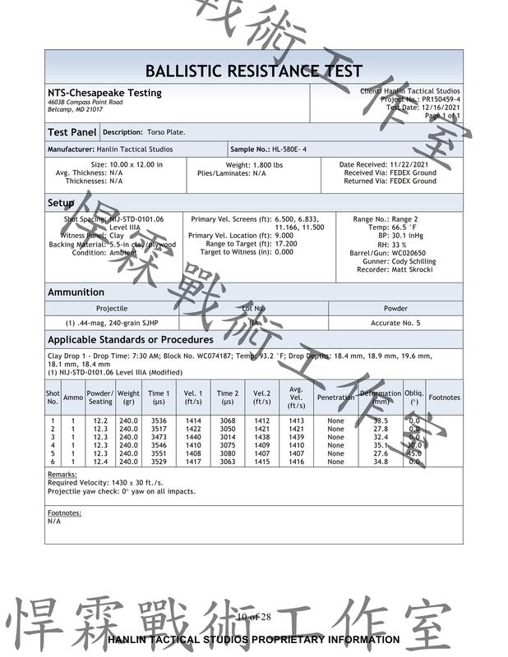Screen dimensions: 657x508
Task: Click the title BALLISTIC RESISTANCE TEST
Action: coord(253,71)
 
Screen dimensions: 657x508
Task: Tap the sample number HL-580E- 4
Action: coord(279,149)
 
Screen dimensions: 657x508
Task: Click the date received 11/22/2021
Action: coord(409,164)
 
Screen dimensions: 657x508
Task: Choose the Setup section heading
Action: coord(61,203)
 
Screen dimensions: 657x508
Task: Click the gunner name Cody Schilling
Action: coord(413,261)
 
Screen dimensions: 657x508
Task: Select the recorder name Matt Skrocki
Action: coord(413,269)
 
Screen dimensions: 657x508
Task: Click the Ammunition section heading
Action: coord(76,292)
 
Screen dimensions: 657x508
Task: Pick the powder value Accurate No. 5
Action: coord(395,323)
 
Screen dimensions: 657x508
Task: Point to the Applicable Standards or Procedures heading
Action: coord(130,339)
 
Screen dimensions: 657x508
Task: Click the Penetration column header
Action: coord(335,397)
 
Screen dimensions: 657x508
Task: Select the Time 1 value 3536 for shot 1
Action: coord(159,420)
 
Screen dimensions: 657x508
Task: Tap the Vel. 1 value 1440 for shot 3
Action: coord(193,437)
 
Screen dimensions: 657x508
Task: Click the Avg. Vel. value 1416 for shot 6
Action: coord(296,462)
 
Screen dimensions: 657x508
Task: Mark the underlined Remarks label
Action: coord(62,475)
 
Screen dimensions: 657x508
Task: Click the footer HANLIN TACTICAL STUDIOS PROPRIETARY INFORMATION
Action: coord(253,639)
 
